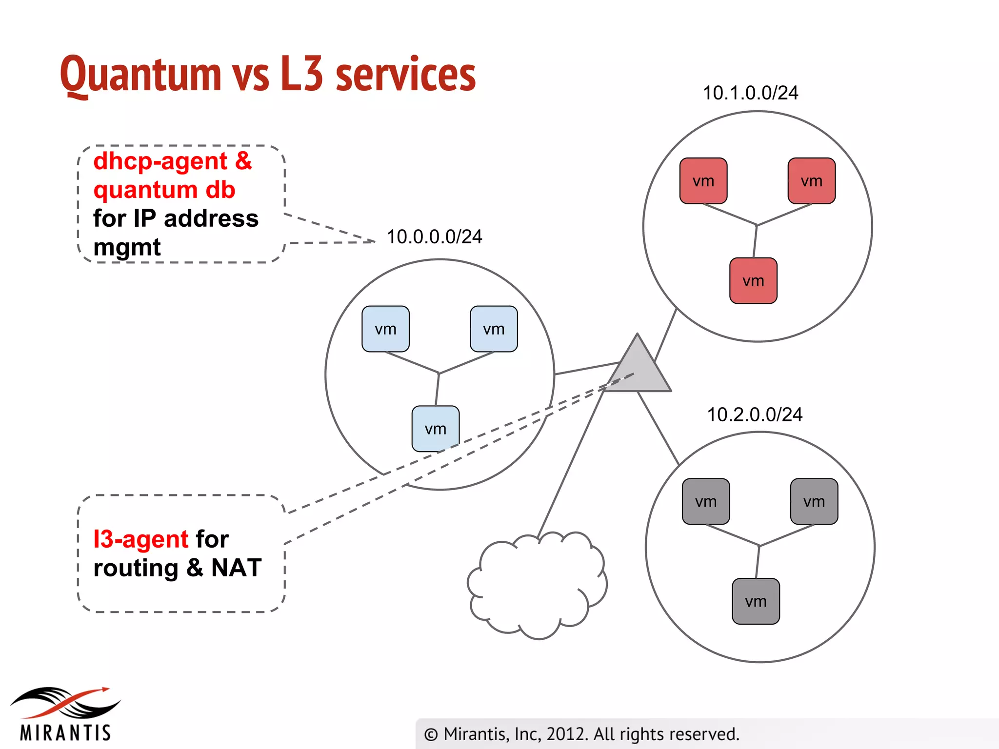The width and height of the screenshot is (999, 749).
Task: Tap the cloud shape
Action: [537, 585]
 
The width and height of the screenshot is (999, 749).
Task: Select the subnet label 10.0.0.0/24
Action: [434, 237]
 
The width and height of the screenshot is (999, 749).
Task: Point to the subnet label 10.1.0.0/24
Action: [750, 93]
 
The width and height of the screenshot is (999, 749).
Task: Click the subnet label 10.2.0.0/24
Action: [755, 415]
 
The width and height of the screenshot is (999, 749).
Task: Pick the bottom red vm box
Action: [753, 281]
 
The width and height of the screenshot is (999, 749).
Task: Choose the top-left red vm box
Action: [703, 181]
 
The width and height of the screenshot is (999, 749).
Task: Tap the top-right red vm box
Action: [812, 181]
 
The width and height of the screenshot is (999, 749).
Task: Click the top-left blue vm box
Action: [385, 329]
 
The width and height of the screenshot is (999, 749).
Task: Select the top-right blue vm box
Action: [494, 329]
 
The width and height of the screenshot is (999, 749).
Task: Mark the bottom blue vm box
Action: [435, 429]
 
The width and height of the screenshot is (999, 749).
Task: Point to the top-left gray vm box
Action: [706, 501]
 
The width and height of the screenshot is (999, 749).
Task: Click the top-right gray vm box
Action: [814, 501]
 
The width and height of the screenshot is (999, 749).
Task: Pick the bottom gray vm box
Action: [756, 601]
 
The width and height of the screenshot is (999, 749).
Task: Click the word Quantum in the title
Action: [141, 74]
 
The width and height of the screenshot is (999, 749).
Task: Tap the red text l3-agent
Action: [140, 539]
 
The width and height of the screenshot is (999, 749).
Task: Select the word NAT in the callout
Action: [237, 568]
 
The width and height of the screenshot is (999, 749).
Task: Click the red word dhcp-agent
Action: [160, 161]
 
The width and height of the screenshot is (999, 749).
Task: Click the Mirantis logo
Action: [65, 714]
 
